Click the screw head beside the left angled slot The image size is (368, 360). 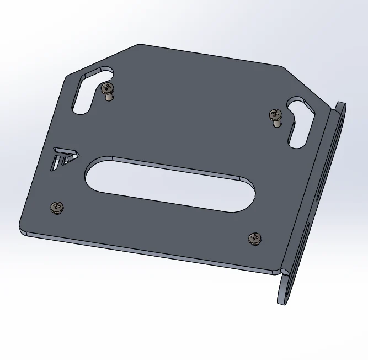(107, 87)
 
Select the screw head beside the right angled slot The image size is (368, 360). (275, 114)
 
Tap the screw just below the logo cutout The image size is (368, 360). (57, 207)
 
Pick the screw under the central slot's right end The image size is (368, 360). (255, 238)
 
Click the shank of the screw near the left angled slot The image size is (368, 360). (109, 97)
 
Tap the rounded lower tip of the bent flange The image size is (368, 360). (284, 298)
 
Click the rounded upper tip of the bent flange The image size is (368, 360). (341, 107)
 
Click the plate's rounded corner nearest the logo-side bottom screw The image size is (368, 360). (23, 230)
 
